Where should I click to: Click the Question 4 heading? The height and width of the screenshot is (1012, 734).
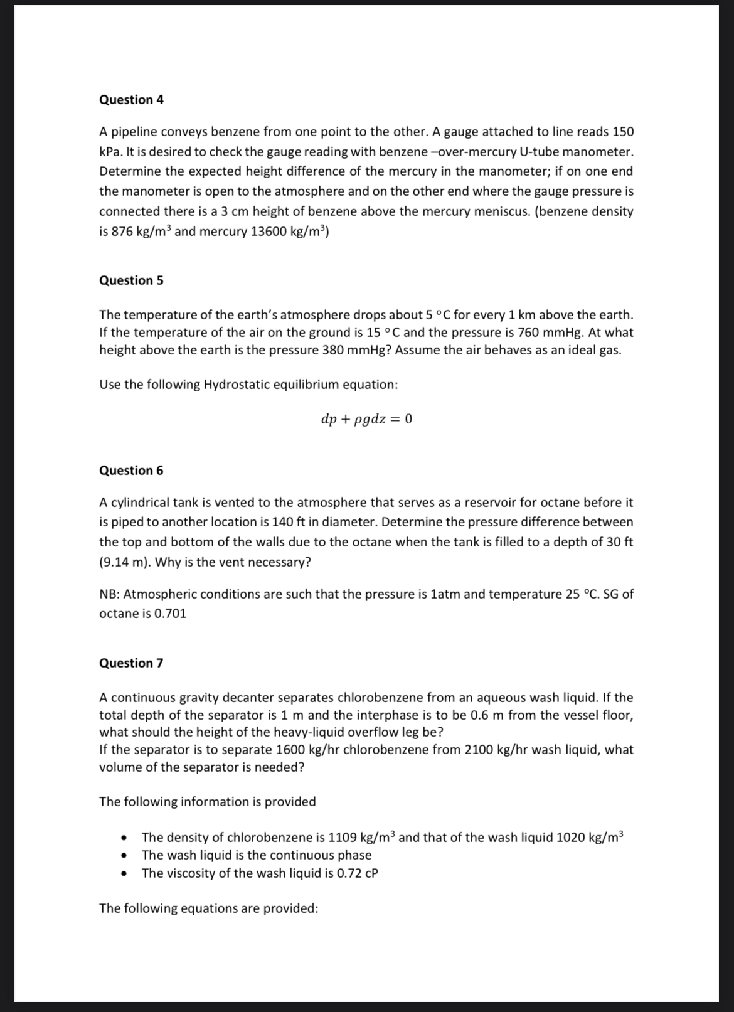pos(131,100)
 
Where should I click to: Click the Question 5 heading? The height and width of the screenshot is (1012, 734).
pos(131,280)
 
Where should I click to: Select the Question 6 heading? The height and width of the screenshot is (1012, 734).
pos(131,471)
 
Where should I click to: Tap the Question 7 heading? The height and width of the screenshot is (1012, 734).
pos(131,663)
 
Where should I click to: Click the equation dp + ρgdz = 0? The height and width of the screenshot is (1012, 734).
pos(366,418)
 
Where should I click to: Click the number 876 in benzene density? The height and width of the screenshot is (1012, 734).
pos(122,232)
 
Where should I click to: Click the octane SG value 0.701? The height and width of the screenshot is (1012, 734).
pos(169,614)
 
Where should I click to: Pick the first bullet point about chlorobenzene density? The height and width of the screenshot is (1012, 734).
pos(383,838)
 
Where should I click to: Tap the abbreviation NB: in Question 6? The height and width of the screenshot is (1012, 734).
pos(110,594)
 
